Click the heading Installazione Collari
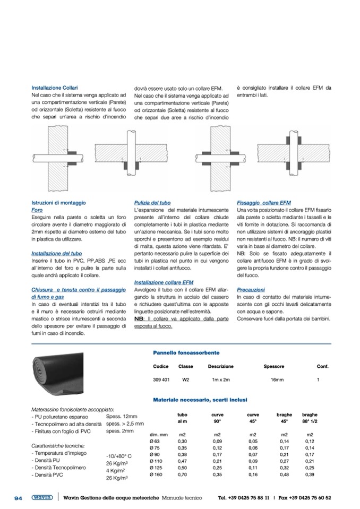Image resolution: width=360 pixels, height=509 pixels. tap(55, 88)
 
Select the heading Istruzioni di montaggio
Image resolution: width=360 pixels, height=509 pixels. tap(58, 203)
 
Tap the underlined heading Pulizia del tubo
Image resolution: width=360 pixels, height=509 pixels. tap(152, 203)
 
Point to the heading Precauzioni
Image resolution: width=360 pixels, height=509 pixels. tap(251, 290)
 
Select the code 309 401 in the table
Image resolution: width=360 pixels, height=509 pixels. tap(161, 380)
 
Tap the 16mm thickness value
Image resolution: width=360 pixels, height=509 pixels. tap(278, 380)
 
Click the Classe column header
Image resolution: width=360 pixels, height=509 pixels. tap(185, 366)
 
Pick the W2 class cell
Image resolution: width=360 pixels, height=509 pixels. tap(185, 380)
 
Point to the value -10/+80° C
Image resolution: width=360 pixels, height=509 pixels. tap(119, 455)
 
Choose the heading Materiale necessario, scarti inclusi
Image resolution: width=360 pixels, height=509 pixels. tap(199, 399)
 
